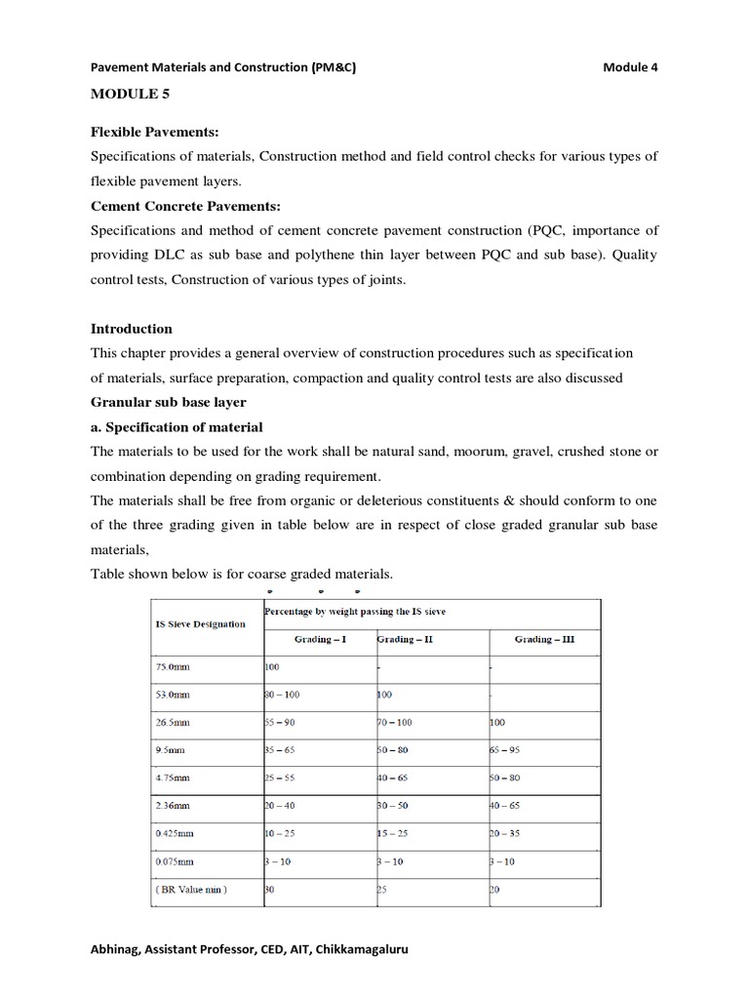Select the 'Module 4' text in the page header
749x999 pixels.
(630, 66)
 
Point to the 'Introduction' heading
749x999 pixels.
(132, 329)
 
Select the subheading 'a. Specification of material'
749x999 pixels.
(177, 427)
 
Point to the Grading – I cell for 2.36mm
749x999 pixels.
(285, 808)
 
